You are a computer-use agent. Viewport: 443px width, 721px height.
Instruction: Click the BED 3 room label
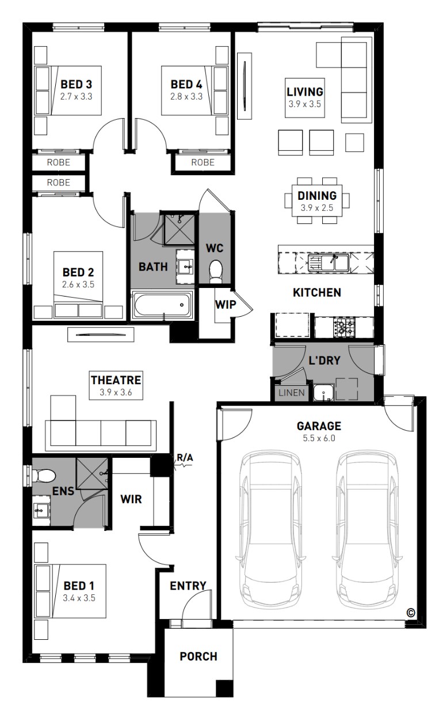click(x=76, y=84)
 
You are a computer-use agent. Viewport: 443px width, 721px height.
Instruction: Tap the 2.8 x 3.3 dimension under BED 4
click(x=186, y=97)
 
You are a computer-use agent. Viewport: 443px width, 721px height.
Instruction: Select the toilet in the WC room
click(x=215, y=271)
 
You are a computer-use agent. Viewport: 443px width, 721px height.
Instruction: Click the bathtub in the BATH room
click(x=162, y=305)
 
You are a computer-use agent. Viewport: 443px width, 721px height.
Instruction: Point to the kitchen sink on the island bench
click(x=328, y=262)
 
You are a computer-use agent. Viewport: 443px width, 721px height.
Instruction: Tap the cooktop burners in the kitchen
click(x=344, y=327)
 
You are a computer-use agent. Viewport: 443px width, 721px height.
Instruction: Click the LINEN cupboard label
click(x=292, y=393)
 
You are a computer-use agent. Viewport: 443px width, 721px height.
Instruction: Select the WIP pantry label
click(x=226, y=304)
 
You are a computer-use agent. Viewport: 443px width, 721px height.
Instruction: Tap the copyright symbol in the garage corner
click(x=411, y=613)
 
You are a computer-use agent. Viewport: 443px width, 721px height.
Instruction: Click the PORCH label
click(x=198, y=657)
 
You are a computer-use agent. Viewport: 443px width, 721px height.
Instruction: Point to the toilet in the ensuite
click(x=44, y=476)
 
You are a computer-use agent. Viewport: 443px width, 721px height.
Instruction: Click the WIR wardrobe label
click(x=131, y=499)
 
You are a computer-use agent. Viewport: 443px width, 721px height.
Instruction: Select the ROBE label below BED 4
click(x=203, y=162)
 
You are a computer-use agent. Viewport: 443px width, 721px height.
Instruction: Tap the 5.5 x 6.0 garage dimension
click(x=319, y=438)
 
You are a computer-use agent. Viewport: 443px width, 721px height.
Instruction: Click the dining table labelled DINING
click(x=317, y=200)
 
